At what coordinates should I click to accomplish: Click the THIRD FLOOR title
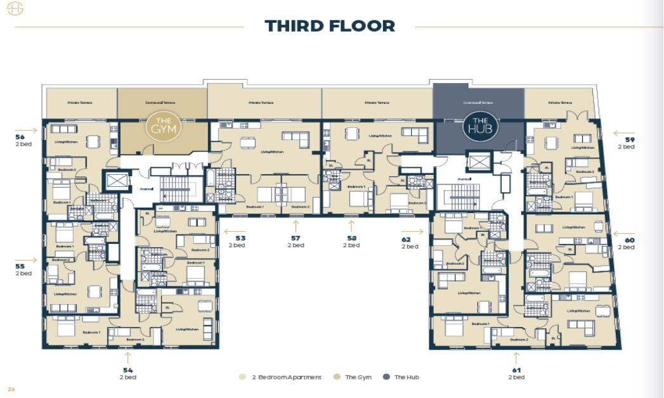click(330, 26)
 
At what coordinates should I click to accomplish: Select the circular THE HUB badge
click(480, 126)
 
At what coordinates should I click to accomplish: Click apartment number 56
click(20, 136)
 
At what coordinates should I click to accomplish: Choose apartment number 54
click(127, 369)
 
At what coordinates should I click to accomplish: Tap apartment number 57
click(296, 238)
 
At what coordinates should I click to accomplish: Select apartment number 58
click(351, 238)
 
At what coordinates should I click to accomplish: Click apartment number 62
click(406, 240)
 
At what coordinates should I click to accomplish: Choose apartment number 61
click(516, 369)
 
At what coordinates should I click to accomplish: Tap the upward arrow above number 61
click(516, 357)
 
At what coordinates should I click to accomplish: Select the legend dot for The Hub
click(386, 377)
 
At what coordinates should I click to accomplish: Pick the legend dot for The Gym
click(336, 377)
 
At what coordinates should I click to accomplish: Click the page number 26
click(11, 388)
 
